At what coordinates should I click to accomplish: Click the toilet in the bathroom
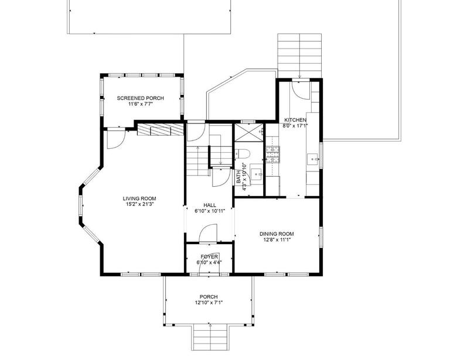(x=245, y=154)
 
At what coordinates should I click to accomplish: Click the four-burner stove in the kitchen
(x=273, y=153)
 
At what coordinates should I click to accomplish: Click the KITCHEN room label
(x=295, y=120)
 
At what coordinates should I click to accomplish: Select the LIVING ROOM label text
(x=139, y=198)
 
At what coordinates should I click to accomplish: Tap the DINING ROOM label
(x=277, y=234)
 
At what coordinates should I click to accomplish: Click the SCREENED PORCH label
(x=140, y=98)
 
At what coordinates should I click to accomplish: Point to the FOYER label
(x=209, y=257)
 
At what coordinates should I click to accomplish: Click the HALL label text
(x=210, y=205)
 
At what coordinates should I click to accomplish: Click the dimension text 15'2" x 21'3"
(x=139, y=204)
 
